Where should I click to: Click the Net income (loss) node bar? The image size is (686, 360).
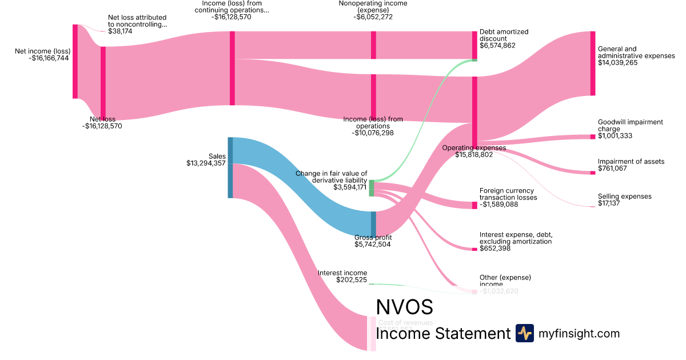pyautogui.click(x=75, y=61)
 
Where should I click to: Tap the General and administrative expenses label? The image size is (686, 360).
pyautogui.click(x=636, y=53)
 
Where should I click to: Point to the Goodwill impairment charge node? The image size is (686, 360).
pyautogui.click(x=593, y=137)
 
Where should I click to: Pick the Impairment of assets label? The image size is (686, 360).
pyautogui.click(x=631, y=162)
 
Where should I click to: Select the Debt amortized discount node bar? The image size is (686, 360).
pyautogui.click(x=474, y=45)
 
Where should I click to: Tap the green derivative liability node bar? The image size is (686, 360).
pyautogui.click(x=372, y=188)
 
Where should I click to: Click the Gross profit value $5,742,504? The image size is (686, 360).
pyautogui.click(x=373, y=245)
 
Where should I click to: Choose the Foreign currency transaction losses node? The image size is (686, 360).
pyautogui.click(x=474, y=205)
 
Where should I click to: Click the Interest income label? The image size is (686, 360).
pyautogui.click(x=342, y=273)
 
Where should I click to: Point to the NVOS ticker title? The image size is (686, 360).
pyautogui.click(x=404, y=307)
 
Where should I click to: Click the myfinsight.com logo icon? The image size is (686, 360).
pyautogui.click(x=524, y=333)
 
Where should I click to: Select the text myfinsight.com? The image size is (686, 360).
pyautogui.click(x=579, y=334)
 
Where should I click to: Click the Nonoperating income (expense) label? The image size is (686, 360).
pyautogui.click(x=373, y=7)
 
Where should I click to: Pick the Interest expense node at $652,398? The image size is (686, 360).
pyautogui.click(x=474, y=249)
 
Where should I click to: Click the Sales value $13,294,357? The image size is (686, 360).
pyautogui.click(x=206, y=163)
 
